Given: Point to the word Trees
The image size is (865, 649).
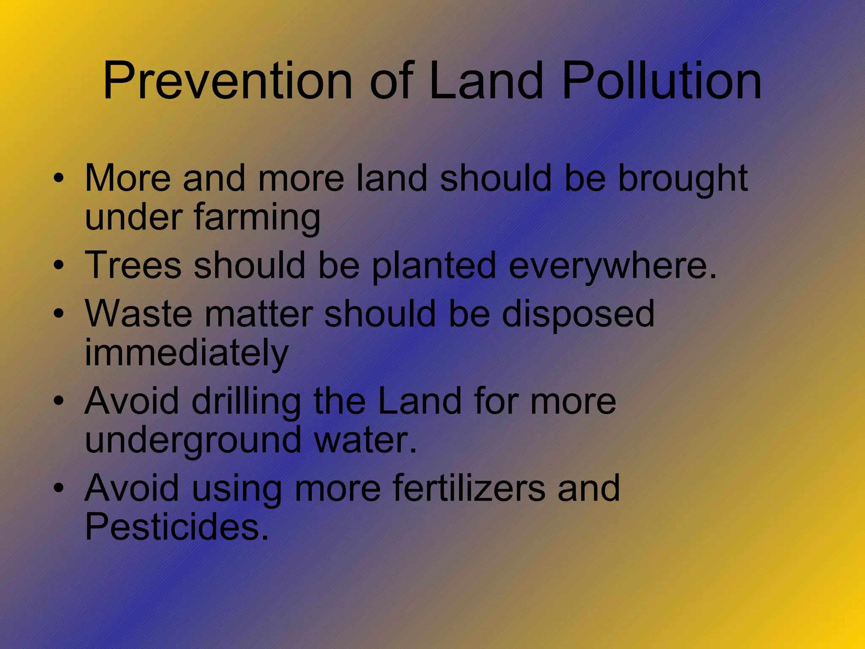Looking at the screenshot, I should click(133, 265).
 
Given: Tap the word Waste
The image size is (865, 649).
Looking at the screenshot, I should click(139, 314).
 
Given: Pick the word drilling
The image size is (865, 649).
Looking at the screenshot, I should click(246, 402).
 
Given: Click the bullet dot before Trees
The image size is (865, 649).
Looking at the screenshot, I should click(59, 265).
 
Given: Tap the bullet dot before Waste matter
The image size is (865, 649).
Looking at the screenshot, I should click(59, 314).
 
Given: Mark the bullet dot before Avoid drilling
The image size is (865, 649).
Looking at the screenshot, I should click(59, 401).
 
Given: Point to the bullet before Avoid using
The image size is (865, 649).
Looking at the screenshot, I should click(59, 488).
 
